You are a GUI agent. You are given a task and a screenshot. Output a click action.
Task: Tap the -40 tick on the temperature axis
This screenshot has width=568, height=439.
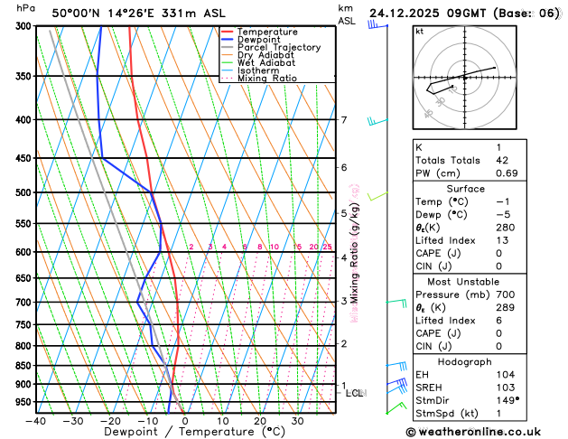tap(36, 420)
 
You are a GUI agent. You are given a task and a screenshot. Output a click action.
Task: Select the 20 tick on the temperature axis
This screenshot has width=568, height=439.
tap(260, 420)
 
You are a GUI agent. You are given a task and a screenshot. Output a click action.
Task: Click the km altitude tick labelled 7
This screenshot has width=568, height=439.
tap(343, 120)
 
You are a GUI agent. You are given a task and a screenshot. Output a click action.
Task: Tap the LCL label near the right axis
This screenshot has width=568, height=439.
tap(354, 393)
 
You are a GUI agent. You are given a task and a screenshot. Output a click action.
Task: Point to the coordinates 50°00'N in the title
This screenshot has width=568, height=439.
tap(82, 13)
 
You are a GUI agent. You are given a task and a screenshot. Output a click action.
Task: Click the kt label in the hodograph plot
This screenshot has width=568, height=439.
tap(419, 32)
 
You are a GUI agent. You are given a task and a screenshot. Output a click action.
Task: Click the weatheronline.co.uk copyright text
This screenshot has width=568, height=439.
tap(487, 432)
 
